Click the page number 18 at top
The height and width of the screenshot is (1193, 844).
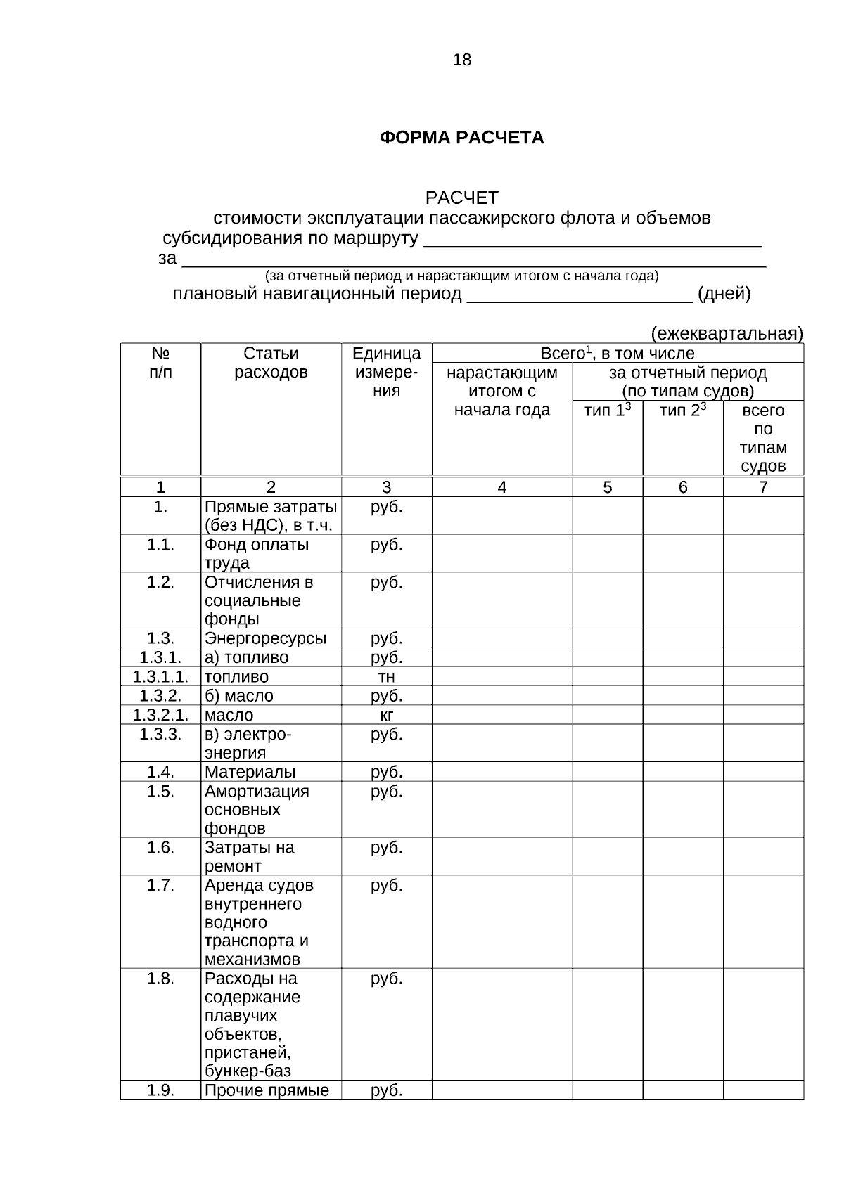tap(462, 60)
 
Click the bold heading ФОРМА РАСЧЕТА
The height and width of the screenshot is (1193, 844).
tap(461, 138)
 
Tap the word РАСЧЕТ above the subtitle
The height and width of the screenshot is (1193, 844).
tap(461, 198)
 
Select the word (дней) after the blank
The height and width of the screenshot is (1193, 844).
tap(724, 294)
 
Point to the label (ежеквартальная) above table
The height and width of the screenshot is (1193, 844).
tap(727, 333)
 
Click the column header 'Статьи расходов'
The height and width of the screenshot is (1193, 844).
tap(271, 363)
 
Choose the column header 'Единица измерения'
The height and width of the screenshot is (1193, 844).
tap(386, 372)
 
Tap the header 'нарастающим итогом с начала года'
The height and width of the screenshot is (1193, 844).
tap(501, 391)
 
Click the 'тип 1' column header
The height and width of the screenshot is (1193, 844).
tap(608, 411)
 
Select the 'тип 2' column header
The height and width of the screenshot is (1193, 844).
tap(682, 411)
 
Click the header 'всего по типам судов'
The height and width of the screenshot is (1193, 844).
tap(763, 438)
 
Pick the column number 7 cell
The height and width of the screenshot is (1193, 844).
tap(763, 487)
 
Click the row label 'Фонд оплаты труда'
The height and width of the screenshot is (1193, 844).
tap(256, 554)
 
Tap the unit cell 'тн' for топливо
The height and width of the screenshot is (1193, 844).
tap(386, 677)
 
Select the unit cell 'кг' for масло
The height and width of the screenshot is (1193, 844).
tap(386, 716)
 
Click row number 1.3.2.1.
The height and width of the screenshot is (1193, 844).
tap(160, 716)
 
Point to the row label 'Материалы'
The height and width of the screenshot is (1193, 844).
tap(250, 773)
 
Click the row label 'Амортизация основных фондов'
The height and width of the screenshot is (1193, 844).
tap(256, 810)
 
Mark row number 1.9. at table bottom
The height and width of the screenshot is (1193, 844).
tap(160, 1090)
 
